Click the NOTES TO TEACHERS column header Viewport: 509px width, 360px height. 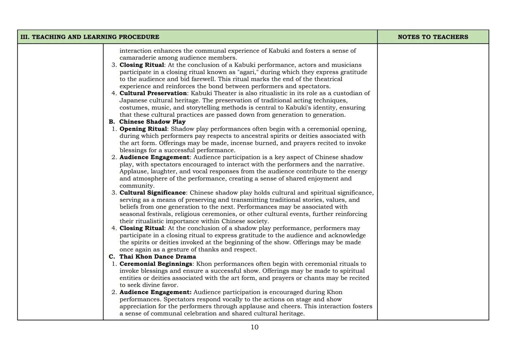433,37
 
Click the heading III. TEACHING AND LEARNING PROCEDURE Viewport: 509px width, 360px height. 90,37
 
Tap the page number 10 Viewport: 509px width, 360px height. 254,327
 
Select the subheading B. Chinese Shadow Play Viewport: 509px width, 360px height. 147,122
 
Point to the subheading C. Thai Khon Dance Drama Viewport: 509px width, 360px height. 152,257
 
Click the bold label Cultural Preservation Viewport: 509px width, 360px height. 153,93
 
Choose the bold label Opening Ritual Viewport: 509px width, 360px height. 143,129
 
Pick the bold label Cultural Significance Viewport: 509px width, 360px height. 152,193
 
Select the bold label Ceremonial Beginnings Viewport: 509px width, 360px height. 156,264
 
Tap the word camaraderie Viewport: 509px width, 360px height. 138,58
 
